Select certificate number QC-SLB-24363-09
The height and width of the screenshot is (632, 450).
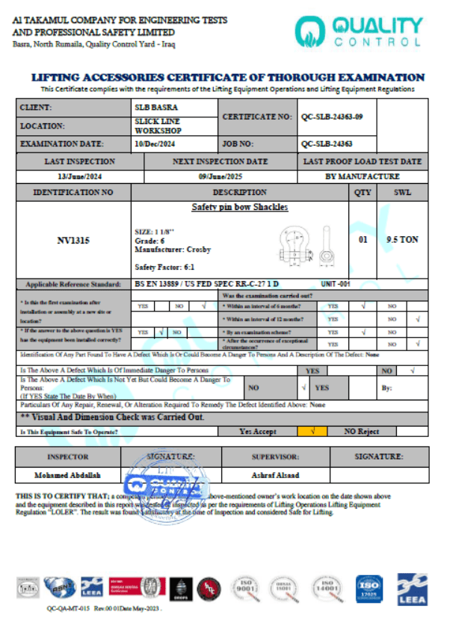click(332, 117)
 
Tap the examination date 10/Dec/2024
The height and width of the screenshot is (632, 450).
click(154, 143)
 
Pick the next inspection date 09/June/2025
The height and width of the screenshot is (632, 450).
click(220, 176)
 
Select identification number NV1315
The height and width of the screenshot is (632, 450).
click(73, 241)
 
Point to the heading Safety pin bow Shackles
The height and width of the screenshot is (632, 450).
click(239, 207)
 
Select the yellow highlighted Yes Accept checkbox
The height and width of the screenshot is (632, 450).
click(312, 431)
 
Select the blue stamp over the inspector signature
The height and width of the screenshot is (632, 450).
click(161, 478)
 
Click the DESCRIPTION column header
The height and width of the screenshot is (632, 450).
click(239, 192)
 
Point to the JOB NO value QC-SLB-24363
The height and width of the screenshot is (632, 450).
click(327, 143)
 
